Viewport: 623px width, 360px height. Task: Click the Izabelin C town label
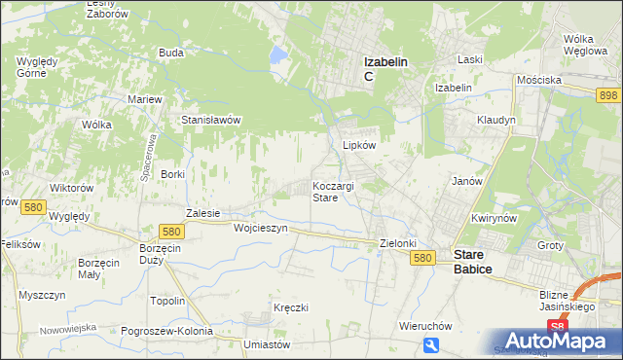(x=385, y=68)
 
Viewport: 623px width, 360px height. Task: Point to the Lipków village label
(x=359, y=144)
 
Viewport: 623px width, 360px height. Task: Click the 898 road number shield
(x=609, y=93)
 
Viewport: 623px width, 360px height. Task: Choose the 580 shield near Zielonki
(x=421, y=257)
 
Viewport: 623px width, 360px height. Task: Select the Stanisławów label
(x=211, y=120)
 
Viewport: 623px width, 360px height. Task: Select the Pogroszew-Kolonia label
(x=166, y=331)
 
